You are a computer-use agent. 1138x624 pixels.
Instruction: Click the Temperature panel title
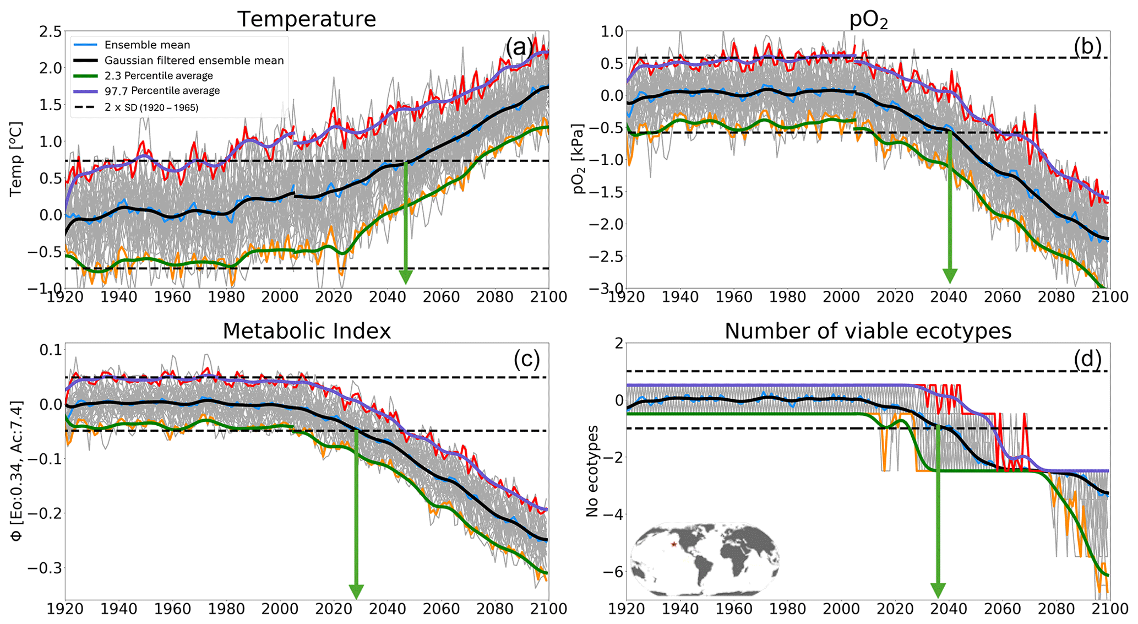[x=307, y=19]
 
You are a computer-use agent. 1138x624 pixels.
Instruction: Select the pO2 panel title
[x=868, y=20]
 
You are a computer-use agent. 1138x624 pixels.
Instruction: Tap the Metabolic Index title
[x=307, y=331]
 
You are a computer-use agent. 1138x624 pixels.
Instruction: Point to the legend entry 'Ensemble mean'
[x=147, y=45]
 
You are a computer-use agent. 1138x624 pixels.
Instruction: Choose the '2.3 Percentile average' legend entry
[x=159, y=75]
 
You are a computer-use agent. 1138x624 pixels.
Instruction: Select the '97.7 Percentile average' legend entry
[x=162, y=91]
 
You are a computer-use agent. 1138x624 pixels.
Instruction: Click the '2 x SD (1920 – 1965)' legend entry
[x=151, y=107]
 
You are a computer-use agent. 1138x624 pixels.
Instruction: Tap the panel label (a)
[x=519, y=48]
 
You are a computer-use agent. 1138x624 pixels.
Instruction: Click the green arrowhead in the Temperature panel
[x=406, y=276]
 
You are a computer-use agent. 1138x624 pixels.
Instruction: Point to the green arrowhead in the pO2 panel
[x=950, y=275]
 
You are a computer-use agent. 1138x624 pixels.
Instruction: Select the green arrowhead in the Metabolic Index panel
[x=356, y=592]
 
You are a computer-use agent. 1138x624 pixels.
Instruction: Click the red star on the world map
[x=673, y=544]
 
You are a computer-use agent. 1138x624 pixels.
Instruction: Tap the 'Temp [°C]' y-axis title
[x=16, y=159]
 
